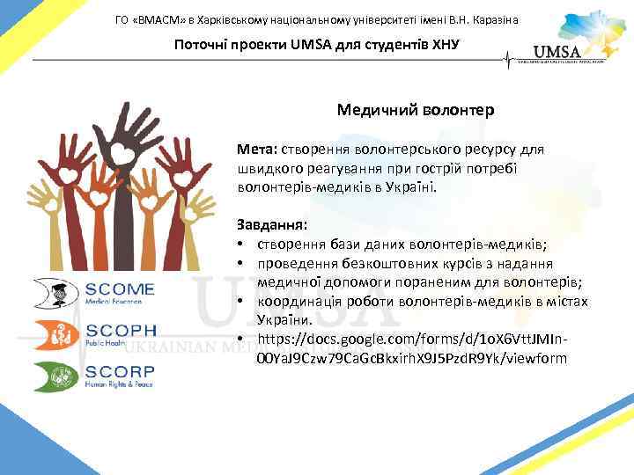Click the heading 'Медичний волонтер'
415,111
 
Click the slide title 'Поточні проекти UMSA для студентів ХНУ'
316,46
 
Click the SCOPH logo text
121,332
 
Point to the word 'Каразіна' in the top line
493,19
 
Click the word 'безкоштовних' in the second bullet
382,263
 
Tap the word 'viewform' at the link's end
538,359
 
